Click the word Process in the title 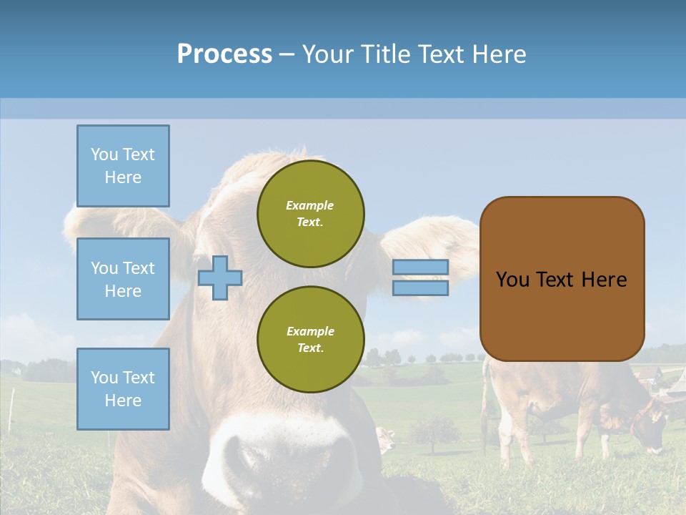[224, 54]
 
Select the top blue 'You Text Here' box [123, 166]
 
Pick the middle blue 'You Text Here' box [123, 279]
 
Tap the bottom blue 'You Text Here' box [123, 388]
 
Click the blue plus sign [220, 278]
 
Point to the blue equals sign [420, 278]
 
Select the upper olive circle [310, 213]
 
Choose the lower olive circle [310, 339]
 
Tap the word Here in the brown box [604, 279]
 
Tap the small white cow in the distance [386, 439]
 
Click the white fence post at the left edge [11, 411]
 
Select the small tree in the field [434, 429]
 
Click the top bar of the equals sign [420, 267]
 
